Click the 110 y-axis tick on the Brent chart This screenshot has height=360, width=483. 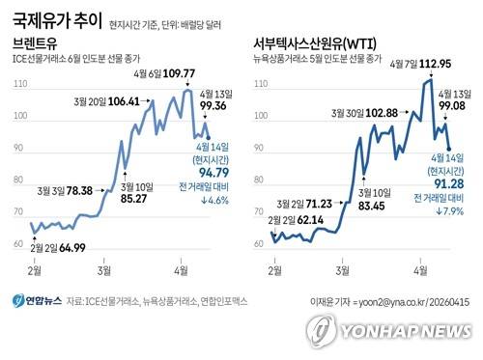pos(19,85)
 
